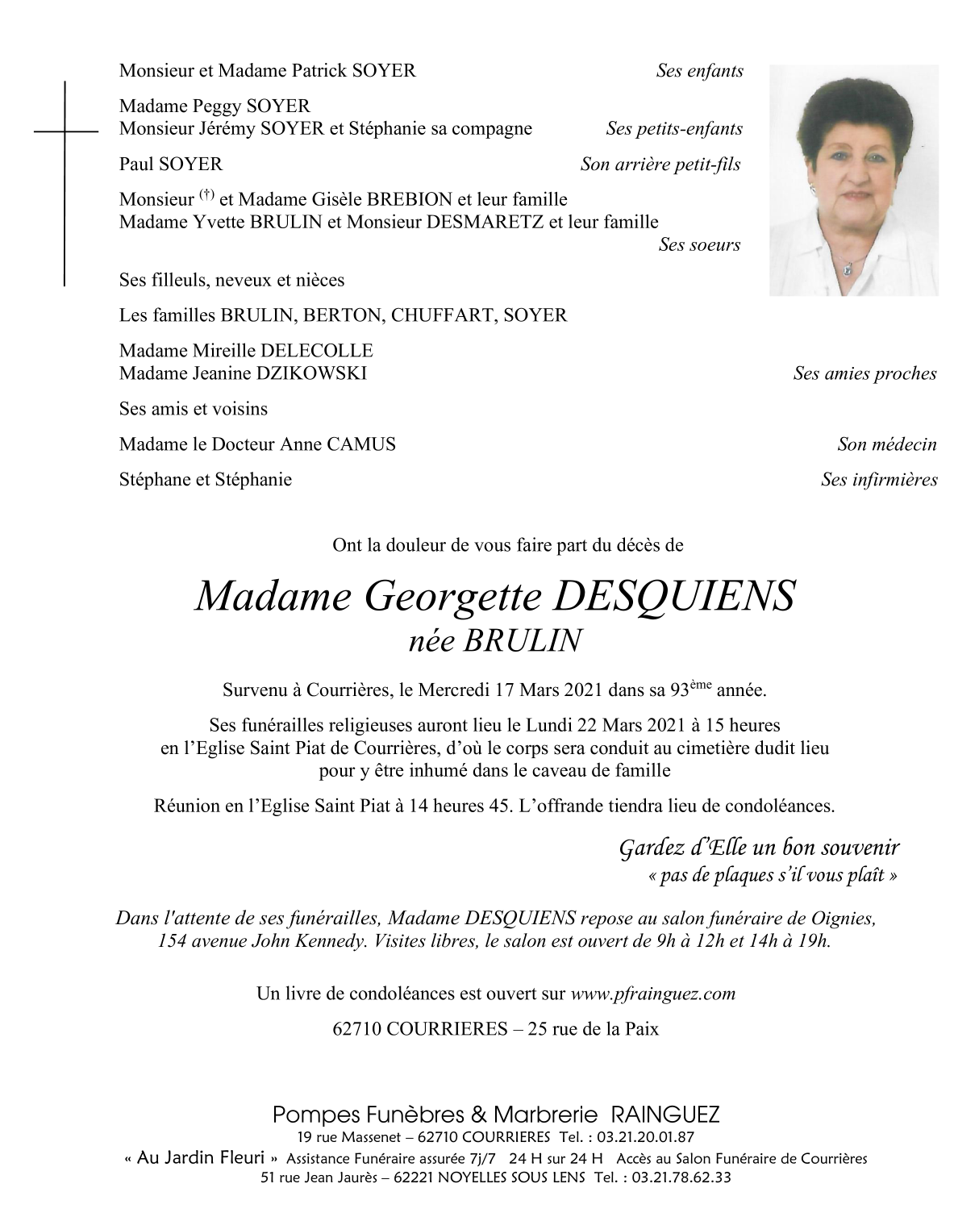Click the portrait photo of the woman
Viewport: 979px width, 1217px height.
pyautogui.click(x=853, y=180)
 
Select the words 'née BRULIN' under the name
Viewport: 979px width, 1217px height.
pyautogui.click(x=495, y=640)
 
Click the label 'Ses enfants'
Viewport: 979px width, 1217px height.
pyautogui.click(x=699, y=71)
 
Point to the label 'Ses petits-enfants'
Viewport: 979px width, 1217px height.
pyautogui.click(x=674, y=129)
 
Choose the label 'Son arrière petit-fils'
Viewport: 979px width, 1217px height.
pyautogui.click(x=660, y=165)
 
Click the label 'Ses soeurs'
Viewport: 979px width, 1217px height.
pyautogui.click(x=699, y=244)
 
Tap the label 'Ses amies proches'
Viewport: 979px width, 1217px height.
pyautogui.click(x=864, y=373)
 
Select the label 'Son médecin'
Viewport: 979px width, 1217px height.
pyautogui.click(x=886, y=444)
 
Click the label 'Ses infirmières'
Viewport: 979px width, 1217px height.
pyautogui.click(x=879, y=480)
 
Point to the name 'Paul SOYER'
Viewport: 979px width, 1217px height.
pyautogui.click(x=170, y=165)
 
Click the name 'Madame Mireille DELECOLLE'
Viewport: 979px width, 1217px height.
pyautogui.click(x=246, y=351)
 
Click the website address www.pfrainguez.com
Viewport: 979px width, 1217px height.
pyautogui.click(x=652, y=994)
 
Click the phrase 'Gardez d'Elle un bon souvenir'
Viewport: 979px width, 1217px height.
pyautogui.click(x=758, y=848)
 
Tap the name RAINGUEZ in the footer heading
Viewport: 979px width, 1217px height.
pyautogui.click(x=665, y=1115)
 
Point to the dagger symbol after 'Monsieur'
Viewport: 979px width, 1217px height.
pyautogui.click(x=207, y=194)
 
